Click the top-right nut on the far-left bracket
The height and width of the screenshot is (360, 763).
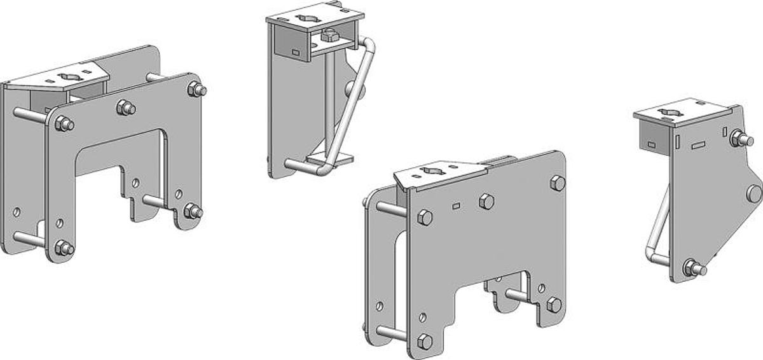click(196, 89)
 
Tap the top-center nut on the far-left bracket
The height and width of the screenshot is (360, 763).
click(125, 108)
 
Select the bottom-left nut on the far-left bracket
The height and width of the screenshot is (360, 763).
click(63, 248)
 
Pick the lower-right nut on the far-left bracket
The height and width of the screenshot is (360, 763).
click(192, 211)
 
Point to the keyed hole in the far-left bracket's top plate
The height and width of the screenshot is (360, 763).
click(67, 77)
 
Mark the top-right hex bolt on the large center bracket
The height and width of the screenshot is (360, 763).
click(557, 183)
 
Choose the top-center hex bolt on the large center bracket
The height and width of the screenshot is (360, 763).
click(486, 202)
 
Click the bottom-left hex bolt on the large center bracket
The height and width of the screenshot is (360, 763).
click(424, 342)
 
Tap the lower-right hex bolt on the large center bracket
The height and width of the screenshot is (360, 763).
click(553, 305)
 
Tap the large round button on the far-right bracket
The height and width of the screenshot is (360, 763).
click(754, 193)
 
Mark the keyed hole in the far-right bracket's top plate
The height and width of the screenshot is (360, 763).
click(668, 112)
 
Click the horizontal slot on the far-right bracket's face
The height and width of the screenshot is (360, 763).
click(698, 145)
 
